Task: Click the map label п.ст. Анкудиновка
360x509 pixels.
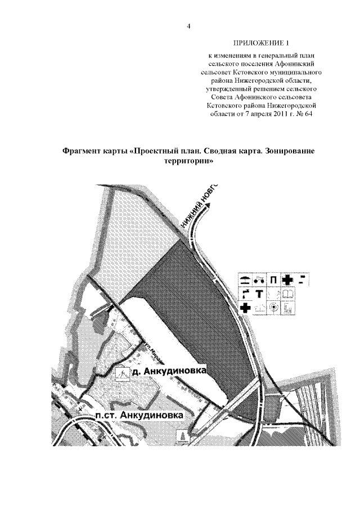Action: pos(139,415)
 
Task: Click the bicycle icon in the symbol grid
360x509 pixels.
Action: pos(259,280)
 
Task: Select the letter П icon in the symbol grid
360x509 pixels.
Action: pos(273,280)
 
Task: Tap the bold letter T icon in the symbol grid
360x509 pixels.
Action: pos(259,294)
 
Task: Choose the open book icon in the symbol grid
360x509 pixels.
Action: pos(287,294)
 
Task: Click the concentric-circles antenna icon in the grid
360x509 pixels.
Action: pos(273,308)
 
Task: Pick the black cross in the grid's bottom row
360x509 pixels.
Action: pos(245,308)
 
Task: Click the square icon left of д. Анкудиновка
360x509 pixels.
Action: pos(121,375)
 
